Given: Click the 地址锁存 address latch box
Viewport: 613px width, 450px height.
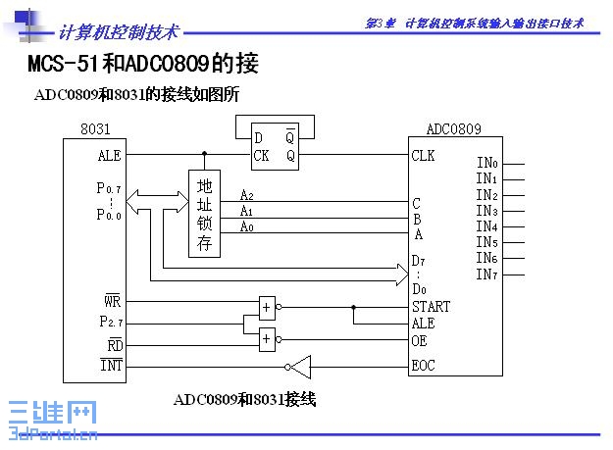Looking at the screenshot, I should (x=204, y=214).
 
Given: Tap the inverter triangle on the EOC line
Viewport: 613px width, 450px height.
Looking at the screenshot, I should (x=299, y=368).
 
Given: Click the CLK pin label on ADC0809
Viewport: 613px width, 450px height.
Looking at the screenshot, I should (x=424, y=155).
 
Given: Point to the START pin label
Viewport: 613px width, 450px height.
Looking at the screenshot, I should (x=432, y=306).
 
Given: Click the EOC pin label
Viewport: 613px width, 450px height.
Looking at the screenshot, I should (x=425, y=369).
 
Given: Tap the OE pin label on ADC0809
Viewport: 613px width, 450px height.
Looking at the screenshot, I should (x=420, y=340).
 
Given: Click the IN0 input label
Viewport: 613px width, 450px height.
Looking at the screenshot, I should (x=486, y=163).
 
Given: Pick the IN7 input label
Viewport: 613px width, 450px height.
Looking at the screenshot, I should (x=486, y=275).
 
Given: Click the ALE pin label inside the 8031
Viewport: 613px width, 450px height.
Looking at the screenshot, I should (x=110, y=155).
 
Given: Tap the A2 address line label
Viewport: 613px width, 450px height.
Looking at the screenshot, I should (x=247, y=195).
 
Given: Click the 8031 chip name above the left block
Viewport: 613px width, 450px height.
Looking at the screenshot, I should (x=95, y=129).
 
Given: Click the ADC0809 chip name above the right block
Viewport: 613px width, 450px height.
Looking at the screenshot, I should (x=453, y=128).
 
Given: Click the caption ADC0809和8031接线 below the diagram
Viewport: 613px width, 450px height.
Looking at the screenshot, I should (x=244, y=399).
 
